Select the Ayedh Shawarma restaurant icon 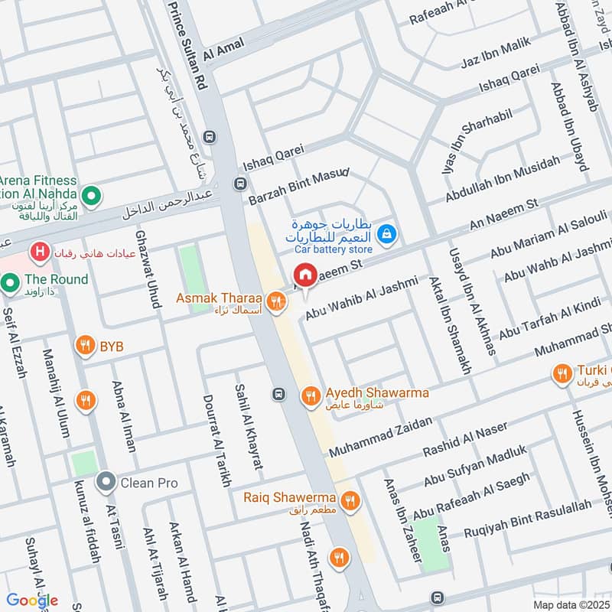310,395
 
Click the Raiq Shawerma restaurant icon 350,500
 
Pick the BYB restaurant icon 86,347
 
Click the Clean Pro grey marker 105,483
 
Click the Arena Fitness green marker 92,197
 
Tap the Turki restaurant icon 562,373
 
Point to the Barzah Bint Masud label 298,187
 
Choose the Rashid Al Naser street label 465,441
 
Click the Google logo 32,601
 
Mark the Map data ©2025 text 570,604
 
